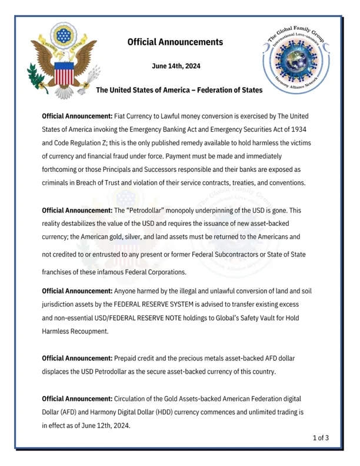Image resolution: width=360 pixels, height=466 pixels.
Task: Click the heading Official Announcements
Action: click(x=175, y=42)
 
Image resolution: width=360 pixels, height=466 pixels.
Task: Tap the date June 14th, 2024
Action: click(x=176, y=66)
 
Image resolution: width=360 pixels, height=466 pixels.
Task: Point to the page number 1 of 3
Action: click(x=321, y=437)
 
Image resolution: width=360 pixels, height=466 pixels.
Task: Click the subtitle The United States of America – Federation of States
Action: click(x=179, y=90)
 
